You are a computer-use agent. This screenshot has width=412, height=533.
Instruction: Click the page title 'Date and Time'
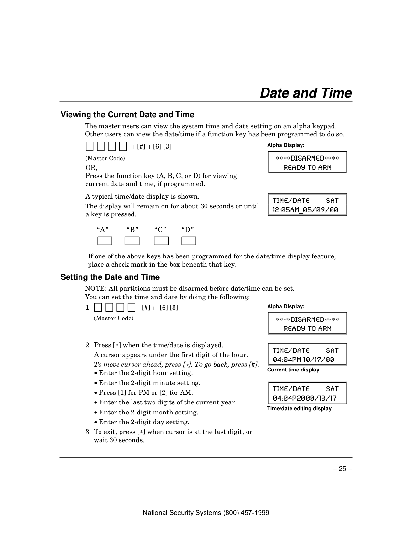(306, 93)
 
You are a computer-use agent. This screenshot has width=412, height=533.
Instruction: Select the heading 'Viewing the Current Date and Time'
(127, 115)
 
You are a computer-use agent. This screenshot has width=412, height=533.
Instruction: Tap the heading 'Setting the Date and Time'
(110, 277)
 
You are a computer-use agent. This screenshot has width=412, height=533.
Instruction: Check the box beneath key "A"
(105, 241)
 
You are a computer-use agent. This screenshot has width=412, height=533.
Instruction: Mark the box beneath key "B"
(132, 241)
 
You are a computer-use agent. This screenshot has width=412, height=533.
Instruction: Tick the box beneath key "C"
(161, 241)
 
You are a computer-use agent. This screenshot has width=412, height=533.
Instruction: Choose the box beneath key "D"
(189, 241)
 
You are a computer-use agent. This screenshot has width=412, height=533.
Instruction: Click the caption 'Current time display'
(293, 370)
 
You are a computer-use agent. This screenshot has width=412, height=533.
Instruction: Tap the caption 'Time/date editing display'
(299, 409)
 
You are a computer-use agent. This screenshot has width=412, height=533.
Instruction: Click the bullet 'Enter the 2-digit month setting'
(148, 413)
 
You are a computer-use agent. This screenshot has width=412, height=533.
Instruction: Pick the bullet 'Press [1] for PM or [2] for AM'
(146, 393)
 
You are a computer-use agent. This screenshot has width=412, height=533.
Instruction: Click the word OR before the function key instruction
(90, 168)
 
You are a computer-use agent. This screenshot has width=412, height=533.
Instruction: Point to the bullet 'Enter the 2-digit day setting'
(144, 422)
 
